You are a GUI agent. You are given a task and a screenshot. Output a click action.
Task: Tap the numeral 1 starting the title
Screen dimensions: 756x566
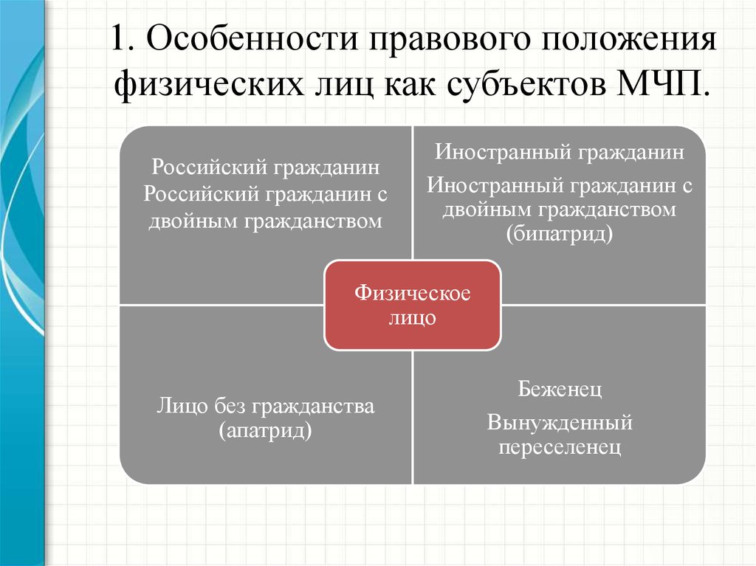119,38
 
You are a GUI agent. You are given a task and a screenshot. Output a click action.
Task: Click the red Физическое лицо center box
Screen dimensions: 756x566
412,306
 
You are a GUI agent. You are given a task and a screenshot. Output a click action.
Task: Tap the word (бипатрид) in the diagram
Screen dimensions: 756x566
560,235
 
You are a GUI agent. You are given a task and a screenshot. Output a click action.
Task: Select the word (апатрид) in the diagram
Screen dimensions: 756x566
265,430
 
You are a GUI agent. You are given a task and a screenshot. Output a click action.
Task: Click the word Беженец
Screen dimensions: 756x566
560,389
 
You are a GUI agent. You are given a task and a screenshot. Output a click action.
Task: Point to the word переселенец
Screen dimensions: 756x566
560,447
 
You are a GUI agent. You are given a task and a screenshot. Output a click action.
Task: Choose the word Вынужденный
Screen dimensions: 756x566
560,422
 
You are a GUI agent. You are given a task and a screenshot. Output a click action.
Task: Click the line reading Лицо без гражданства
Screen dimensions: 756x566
265,407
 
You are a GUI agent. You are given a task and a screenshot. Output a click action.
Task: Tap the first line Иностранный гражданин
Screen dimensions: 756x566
560,152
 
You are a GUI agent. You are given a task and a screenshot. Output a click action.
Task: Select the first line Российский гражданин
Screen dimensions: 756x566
265,168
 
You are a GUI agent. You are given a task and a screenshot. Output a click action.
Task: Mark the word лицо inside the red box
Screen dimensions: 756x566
412,318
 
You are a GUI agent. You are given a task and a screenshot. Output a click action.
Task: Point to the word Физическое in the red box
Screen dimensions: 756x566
412,293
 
